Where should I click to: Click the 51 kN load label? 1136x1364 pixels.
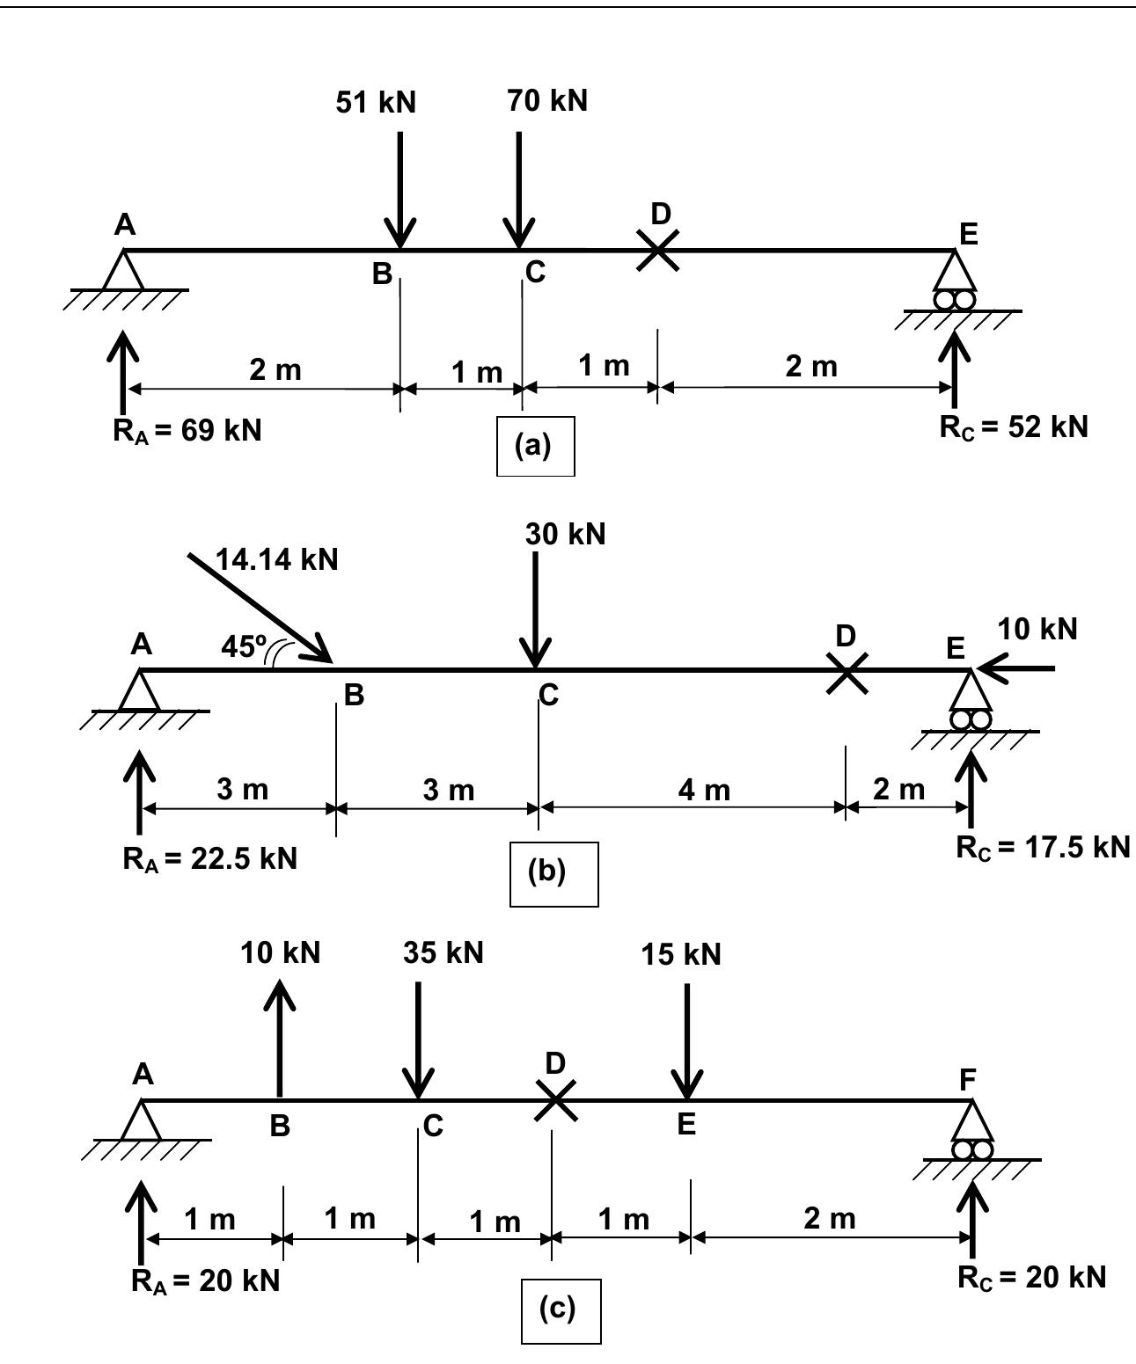(x=376, y=103)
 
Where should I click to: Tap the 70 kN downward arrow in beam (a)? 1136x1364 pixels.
(x=518, y=189)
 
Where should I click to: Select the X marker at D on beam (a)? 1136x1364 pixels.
(x=657, y=250)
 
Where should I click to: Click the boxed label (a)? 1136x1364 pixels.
(x=535, y=446)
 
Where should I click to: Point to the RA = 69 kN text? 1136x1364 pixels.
(x=187, y=431)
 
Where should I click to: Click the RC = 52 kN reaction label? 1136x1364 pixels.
(x=1013, y=427)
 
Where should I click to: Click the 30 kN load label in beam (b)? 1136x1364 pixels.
(x=565, y=534)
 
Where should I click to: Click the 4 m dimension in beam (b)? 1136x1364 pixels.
(x=704, y=790)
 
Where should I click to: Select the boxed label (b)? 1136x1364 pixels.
(x=553, y=873)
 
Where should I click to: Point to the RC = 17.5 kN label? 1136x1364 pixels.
(x=1042, y=847)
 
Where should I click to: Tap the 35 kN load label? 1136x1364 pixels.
(x=443, y=952)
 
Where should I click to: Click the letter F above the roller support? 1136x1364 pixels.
(x=967, y=1081)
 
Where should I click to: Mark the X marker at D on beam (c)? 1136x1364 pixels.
(x=556, y=1099)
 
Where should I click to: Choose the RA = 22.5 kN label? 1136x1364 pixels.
(x=209, y=858)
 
